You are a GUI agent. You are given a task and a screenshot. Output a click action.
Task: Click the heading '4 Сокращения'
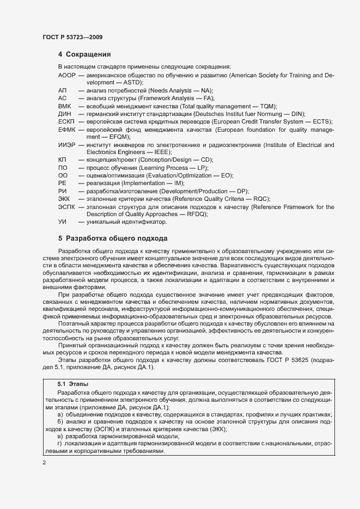click(84, 54)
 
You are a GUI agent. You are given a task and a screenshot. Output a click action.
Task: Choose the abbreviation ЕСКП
click(66, 121)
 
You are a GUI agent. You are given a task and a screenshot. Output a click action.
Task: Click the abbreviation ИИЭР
click(67, 145)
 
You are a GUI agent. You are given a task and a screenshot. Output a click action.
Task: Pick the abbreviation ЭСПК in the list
click(66, 207)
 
